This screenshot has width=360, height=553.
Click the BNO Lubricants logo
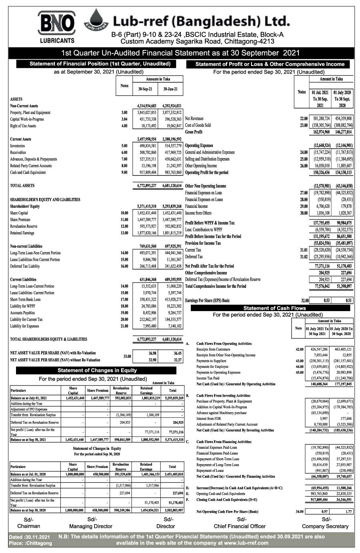pos(56,26)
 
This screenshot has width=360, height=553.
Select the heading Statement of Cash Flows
pos(274,308)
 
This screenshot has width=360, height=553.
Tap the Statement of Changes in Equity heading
pos(97,370)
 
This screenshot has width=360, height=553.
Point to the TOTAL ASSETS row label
pos(22,186)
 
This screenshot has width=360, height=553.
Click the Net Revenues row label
pos(194,119)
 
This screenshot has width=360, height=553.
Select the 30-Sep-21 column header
pos(145,89)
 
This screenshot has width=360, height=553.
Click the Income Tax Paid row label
pos(208,378)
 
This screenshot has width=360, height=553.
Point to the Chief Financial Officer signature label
pos(240,526)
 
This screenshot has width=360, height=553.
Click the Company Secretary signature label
pos(325,526)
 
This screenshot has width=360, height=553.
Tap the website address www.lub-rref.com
pos(246,543)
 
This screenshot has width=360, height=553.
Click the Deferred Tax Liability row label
pos(25,266)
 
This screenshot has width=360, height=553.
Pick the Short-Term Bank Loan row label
pos(25,299)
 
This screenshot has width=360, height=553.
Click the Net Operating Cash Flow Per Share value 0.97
pos(324,511)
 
